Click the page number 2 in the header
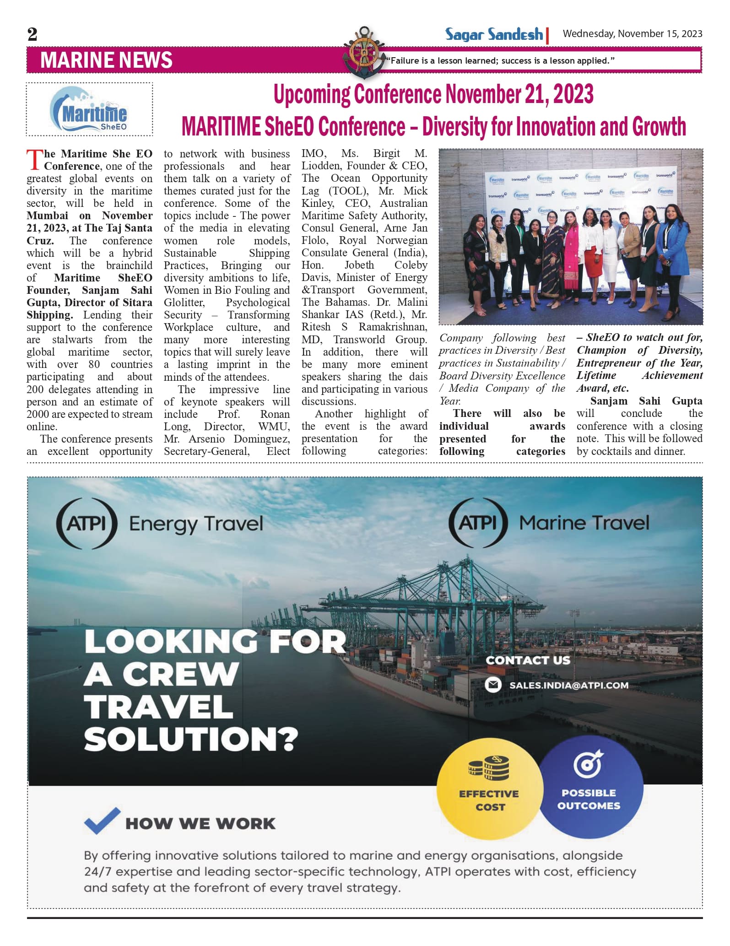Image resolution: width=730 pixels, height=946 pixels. coord(32,34)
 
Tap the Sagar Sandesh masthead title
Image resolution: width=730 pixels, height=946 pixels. coord(494,34)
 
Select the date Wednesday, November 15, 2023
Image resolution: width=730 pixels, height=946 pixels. coord(632,34)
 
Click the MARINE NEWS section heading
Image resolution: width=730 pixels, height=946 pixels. coord(106,60)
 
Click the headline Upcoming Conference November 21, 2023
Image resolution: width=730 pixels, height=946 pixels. coord(433,94)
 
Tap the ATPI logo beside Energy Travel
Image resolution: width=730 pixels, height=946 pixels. coord(87,523)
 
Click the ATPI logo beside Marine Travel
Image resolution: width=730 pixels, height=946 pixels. coord(478,523)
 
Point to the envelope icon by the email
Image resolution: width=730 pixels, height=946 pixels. coord(493,685)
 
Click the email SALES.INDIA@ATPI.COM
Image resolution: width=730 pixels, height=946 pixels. coord(568,685)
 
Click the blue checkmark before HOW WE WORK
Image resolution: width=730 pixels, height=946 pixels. coord(102,820)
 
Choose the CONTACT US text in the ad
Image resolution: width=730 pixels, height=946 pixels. coord(528,660)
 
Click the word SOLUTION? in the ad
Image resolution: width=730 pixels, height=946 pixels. coord(191,738)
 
